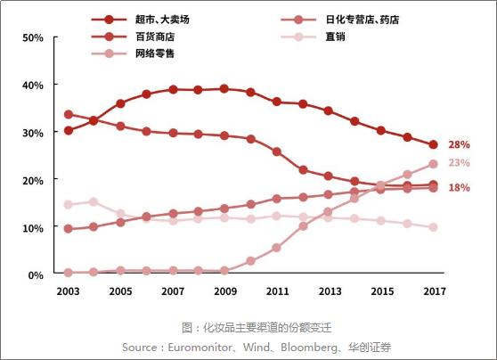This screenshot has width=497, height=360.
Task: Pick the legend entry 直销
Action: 334,37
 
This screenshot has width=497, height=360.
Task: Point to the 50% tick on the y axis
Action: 32,38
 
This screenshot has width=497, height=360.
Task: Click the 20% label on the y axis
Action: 32,180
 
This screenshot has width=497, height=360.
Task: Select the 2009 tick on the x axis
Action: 224,291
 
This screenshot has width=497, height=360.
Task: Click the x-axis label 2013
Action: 330,291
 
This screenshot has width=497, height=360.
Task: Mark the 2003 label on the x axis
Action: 69,291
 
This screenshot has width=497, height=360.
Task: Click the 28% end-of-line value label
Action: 459,144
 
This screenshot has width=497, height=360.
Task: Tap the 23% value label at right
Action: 459,163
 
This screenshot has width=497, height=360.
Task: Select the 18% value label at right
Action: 459,187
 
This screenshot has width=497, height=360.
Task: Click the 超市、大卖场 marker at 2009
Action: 224,89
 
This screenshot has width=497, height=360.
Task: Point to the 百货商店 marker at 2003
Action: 69,115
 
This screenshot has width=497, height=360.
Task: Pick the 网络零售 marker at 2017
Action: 433,164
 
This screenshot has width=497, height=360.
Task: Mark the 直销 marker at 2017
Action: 433,227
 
